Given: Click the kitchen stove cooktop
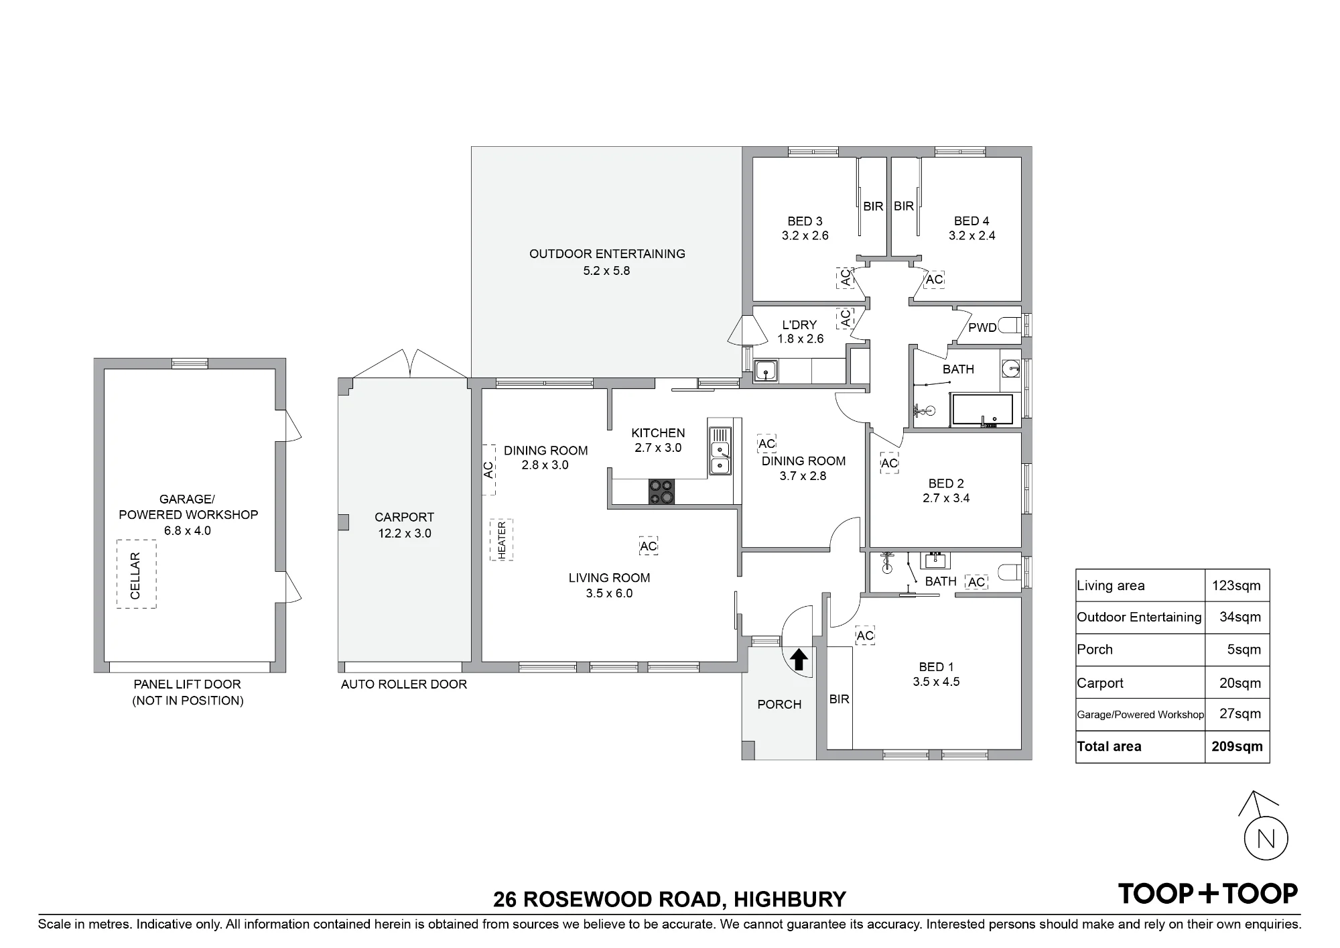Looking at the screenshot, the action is tap(661, 491).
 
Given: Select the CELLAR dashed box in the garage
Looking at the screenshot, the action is tap(137, 574).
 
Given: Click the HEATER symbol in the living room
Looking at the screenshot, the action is tap(501, 540).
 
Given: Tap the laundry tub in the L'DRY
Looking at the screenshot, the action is tap(765, 370).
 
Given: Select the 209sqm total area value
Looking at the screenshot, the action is tap(1237, 746).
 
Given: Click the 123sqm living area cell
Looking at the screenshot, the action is tap(1236, 585).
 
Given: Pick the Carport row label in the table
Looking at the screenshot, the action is tap(1099, 683).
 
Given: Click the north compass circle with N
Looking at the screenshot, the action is tap(1266, 839).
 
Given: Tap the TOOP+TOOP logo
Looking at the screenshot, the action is tap(1208, 894).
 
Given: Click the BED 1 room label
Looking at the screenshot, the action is tap(936, 666).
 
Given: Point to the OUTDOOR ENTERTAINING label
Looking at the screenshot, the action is tap(607, 253).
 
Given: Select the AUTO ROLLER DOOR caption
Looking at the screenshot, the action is tap(404, 685).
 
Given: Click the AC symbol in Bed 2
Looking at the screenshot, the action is tap(889, 463).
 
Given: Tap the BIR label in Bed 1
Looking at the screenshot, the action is tap(839, 699).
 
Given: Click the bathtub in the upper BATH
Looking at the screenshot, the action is tap(982, 410).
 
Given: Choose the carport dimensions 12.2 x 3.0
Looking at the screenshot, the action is tap(404, 534).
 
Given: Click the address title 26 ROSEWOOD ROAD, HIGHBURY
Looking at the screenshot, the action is tap(669, 898).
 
